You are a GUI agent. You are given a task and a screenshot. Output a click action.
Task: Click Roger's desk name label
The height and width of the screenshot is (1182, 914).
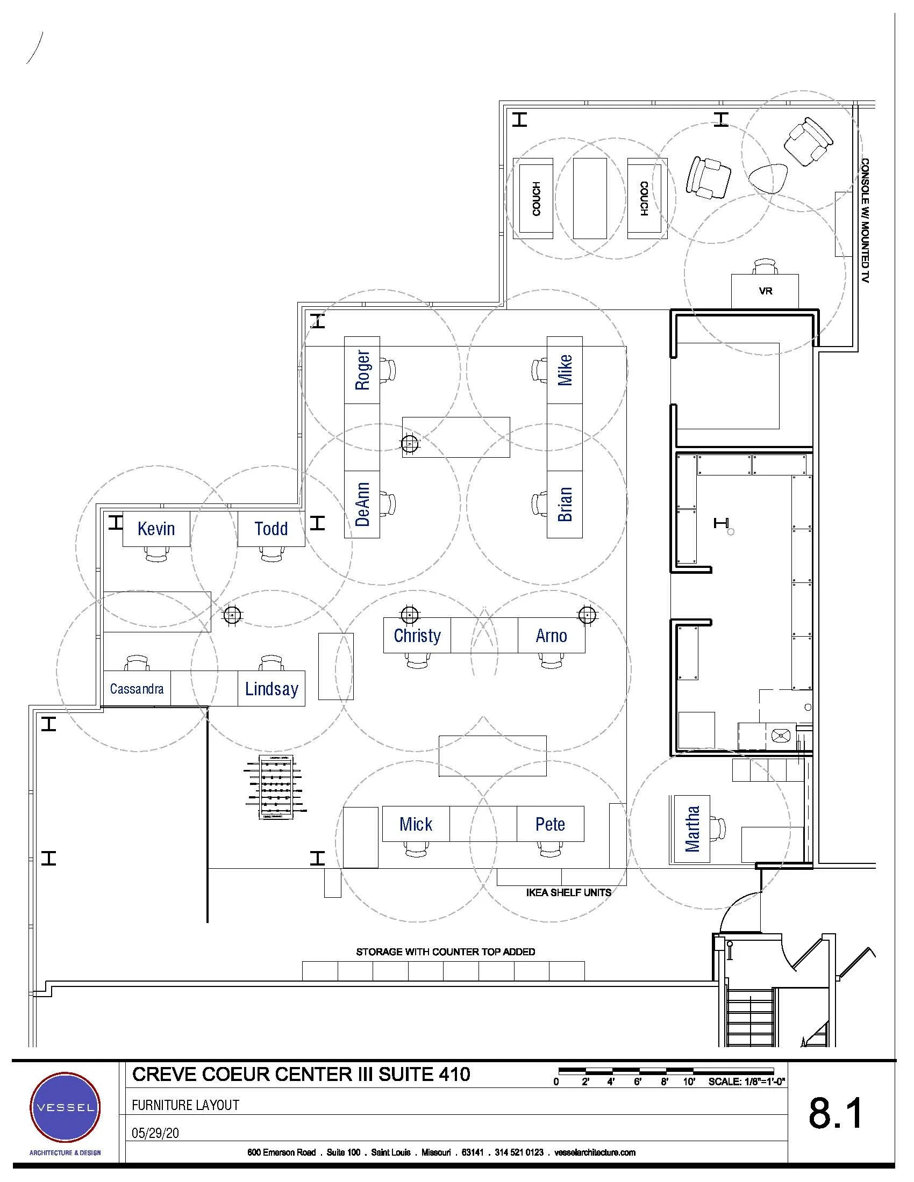coord(362,370)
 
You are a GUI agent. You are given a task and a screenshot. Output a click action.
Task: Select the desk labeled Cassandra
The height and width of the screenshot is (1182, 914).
coord(137,688)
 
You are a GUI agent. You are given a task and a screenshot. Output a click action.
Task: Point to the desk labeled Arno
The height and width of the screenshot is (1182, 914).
coord(551,636)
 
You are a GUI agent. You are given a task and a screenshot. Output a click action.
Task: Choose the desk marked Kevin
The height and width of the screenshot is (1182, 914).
coord(156,529)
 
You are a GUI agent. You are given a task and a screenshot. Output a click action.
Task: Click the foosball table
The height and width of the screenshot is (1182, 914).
coord(276,788)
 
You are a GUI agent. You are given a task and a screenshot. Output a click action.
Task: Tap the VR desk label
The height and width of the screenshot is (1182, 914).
coord(765,291)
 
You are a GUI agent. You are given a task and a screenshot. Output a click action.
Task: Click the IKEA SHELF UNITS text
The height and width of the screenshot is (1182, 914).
coord(568,892)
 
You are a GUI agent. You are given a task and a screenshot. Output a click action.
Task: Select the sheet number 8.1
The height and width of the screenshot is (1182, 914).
coord(836,1113)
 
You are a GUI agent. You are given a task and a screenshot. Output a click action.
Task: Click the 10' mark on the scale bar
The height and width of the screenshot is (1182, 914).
coord(689,1082)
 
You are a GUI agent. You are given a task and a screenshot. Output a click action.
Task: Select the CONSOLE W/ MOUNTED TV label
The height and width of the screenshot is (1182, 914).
coord(865,220)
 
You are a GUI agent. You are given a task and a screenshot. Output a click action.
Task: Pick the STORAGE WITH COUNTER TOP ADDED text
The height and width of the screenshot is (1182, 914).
coord(446,952)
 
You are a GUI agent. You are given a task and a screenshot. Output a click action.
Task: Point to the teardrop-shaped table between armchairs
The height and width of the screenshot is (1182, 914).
coord(768,178)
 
